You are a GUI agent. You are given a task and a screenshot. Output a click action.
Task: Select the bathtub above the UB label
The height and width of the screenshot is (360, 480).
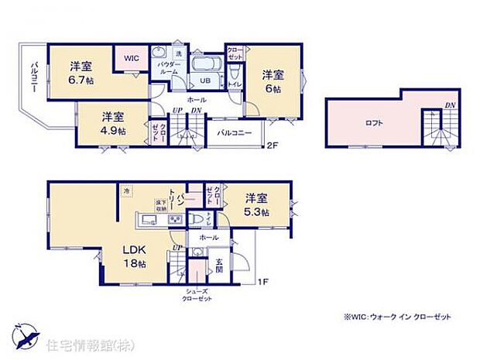[x=205, y=63]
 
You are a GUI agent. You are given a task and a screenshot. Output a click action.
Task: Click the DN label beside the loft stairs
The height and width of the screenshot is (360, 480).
[x=449, y=105]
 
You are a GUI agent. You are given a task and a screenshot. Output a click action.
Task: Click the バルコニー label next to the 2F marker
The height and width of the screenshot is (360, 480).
[x=232, y=132]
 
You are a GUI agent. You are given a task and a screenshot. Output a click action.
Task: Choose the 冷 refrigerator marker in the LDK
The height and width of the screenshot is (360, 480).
[x=124, y=190]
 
